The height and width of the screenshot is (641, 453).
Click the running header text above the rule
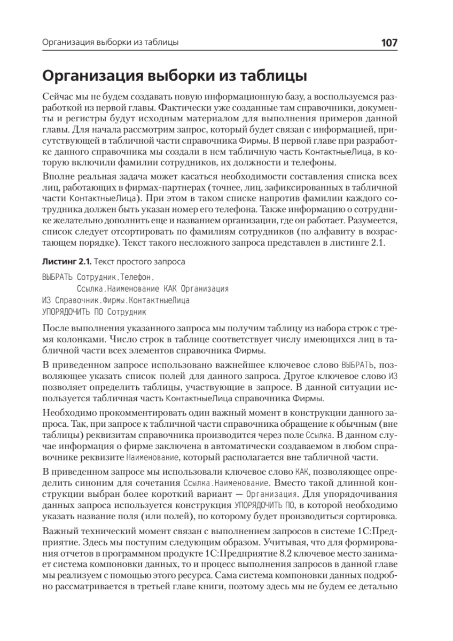[x=110, y=43]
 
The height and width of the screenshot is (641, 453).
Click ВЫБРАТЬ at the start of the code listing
[x=57, y=278]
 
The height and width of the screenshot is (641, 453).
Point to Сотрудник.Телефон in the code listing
[x=114, y=278]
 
